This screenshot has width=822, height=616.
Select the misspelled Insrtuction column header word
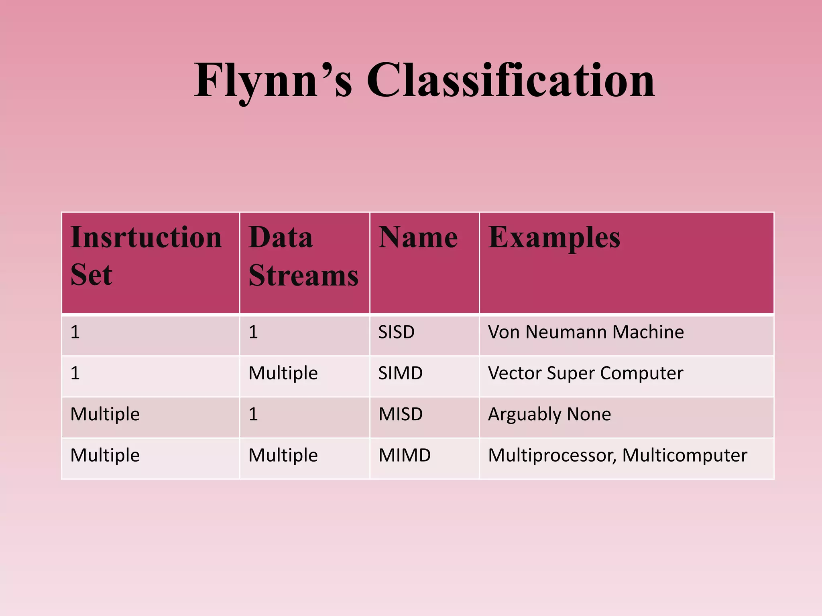click(146, 237)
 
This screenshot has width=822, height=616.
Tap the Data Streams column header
click(303, 257)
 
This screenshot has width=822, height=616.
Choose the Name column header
click(418, 237)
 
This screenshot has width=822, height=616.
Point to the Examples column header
click(554, 237)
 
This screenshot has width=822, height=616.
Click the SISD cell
click(396, 332)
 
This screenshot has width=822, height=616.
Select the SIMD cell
click(400, 373)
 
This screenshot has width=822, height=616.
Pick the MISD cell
click(400, 414)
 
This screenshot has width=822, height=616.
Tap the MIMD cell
click(404, 456)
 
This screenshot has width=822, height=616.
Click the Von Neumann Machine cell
click(586, 332)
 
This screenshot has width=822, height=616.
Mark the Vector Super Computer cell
click(585, 373)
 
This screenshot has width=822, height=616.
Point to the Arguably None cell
click(549, 414)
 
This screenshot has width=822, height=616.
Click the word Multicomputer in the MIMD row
click(684, 456)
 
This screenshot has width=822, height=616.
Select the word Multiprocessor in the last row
click(551, 456)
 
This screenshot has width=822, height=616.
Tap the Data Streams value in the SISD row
click(253, 332)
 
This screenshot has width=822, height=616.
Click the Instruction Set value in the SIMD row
click(75, 373)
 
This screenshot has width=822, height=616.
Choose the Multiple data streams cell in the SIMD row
click(283, 373)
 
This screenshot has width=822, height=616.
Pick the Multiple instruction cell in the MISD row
click(105, 414)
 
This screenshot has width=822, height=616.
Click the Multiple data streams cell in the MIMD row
click(283, 456)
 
